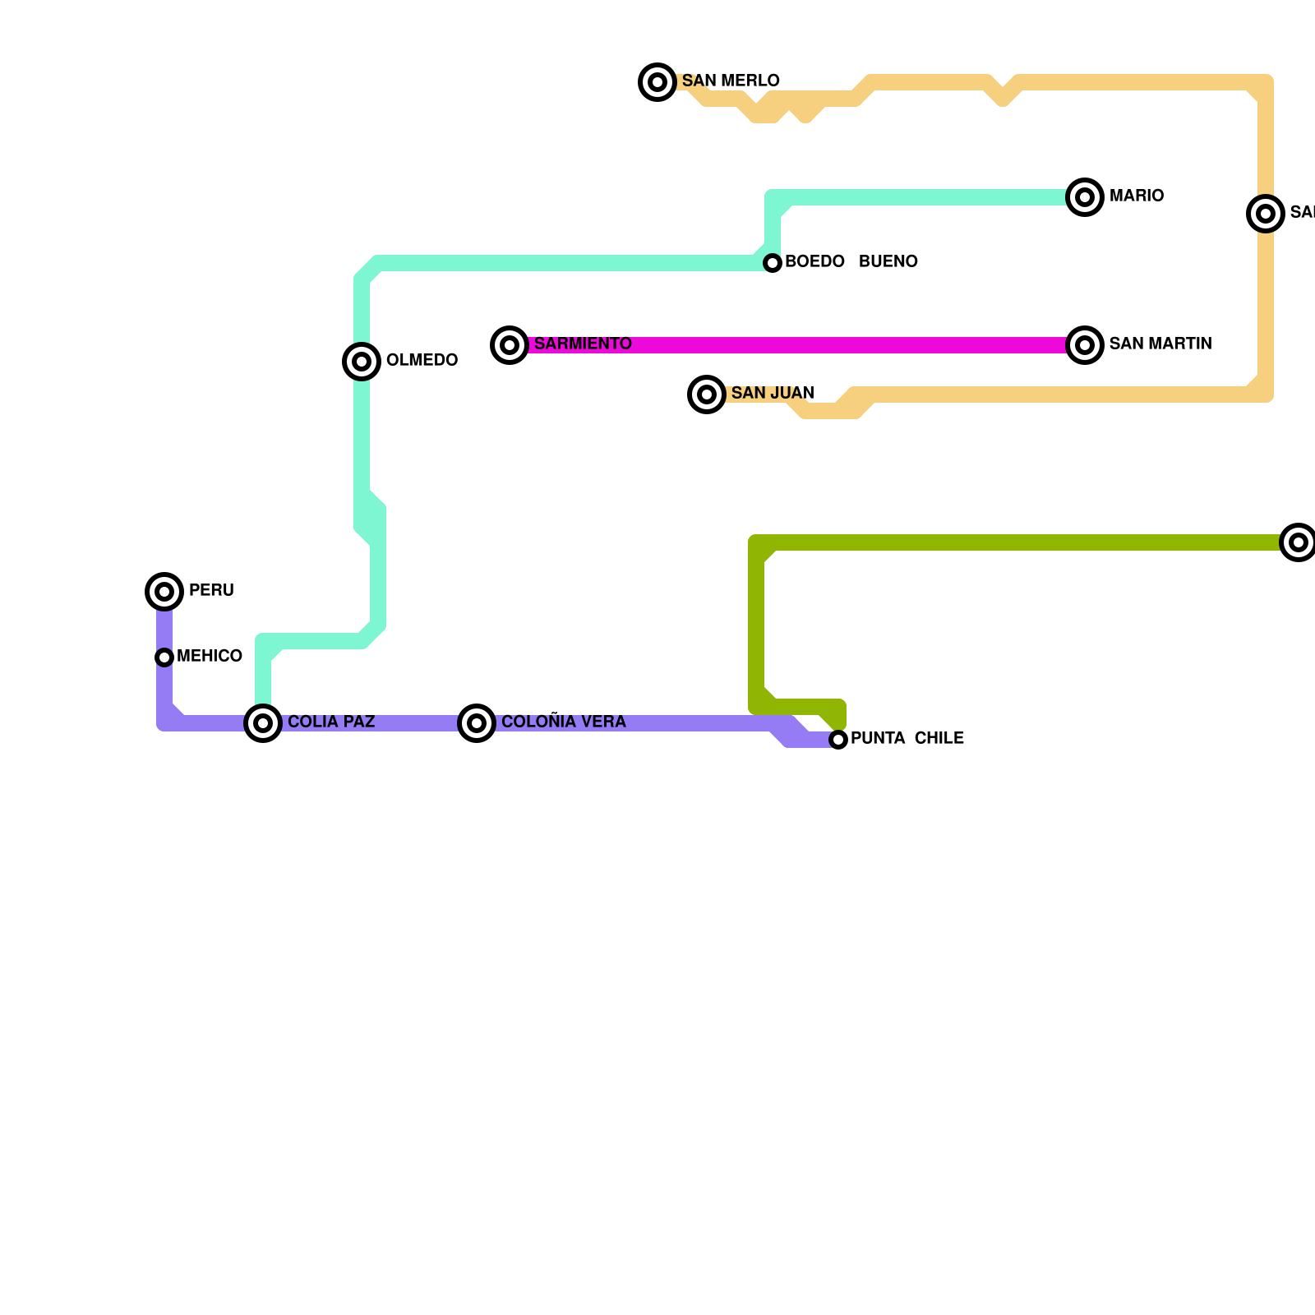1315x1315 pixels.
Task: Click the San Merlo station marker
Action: pyautogui.click(x=657, y=82)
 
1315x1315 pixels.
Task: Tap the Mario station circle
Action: pyautogui.click(x=1085, y=197)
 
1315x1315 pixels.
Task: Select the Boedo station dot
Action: pyautogui.click(x=773, y=263)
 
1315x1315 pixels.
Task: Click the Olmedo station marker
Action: pyautogui.click(x=362, y=362)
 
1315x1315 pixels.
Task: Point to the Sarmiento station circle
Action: pyautogui.click(x=510, y=345)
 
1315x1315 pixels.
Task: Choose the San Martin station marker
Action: pyautogui.click(x=1085, y=345)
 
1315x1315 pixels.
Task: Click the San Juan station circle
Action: pyautogui.click(x=707, y=394)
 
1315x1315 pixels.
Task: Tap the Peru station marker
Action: pyautogui.click(x=164, y=592)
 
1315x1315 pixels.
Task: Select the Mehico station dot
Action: pyautogui.click(x=164, y=657)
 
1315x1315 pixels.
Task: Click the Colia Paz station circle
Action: pyautogui.click(x=263, y=723)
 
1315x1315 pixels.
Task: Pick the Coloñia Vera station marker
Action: pyautogui.click(x=477, y=723)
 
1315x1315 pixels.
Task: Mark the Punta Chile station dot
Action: pyautogui.click(x=838, y=740)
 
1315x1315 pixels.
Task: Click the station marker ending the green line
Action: pyautogui.click(x=1299, y=542)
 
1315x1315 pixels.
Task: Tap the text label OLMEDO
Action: pyautogui.click(x=422, y=361)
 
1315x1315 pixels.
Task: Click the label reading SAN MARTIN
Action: pyautogui.click(x=1160, y=344)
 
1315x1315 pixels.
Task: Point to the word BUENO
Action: pyautogui.click(x=888, y=262)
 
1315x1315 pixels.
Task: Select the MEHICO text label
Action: pyautogui.click(x=210, y=657)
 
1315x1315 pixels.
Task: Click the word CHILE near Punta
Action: pyautogui.click(x=939, y=739)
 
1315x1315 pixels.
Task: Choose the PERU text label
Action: pyautogui.click(x=211, y=591)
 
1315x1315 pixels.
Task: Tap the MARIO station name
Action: pyautogui.click(x=1136, y=196)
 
